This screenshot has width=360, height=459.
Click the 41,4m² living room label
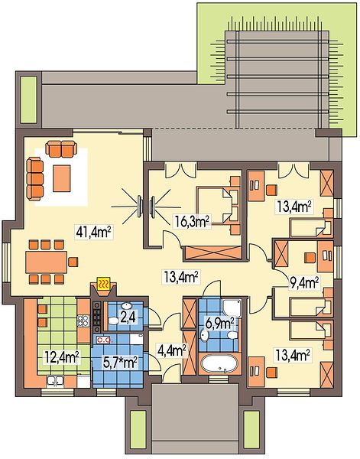[x=93, y=232]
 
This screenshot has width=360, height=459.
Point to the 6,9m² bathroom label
[x=219, y=324]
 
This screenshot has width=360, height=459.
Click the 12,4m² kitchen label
[x=62, y=356]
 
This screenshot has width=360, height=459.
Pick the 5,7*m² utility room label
[x=121, y=363]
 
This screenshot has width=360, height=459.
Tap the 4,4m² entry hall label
[x=172, y=350]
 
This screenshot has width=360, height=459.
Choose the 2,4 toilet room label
[x=128, y=317]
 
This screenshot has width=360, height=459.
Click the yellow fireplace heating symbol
[x=103, y=283]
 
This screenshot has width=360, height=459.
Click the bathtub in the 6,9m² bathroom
[x=219, y=364]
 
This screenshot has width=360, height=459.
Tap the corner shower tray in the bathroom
[x=232, y=308]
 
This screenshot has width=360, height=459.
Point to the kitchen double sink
[x=55, y=381]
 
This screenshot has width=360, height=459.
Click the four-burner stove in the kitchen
[x=83, y=321]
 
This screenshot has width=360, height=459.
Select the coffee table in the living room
[x=61, y=178]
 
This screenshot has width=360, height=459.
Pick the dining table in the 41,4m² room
[x=46, y=262]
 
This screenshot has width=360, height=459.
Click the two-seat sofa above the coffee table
[x=61, y=148]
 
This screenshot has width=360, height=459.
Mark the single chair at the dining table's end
[x=73, y=262]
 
